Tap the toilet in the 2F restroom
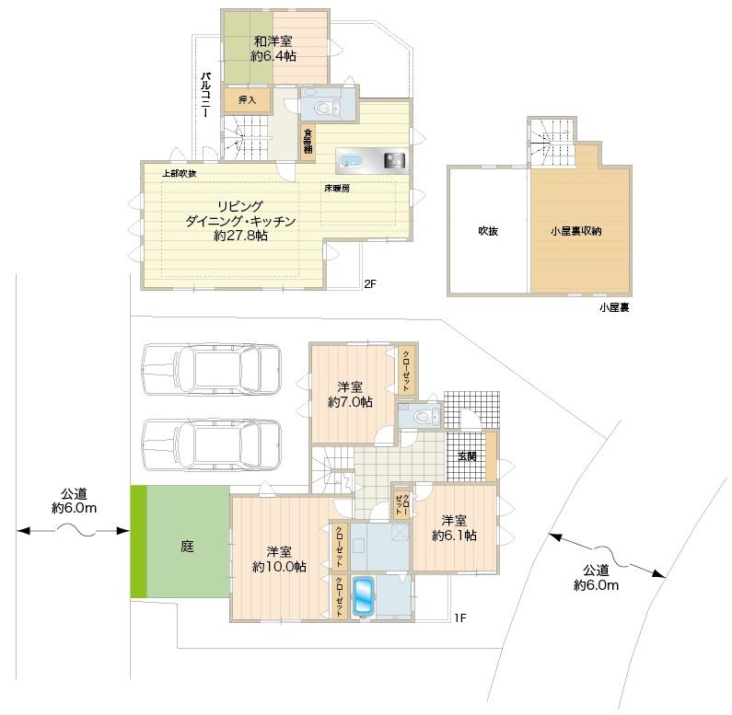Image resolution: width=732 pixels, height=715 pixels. point(325,109)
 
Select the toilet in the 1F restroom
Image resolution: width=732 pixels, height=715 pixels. point(424,415)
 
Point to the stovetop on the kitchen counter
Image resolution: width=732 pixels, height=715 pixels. point(394,161)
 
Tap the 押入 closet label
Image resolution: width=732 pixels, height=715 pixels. point(247,100)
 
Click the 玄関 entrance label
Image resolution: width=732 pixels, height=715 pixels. point(467,456)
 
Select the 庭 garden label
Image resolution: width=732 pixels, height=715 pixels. point(187,546)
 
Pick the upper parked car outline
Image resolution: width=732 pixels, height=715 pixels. point(212,370)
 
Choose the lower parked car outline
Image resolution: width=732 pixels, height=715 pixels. point(212,444)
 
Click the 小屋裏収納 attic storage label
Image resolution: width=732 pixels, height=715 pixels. point(576,231)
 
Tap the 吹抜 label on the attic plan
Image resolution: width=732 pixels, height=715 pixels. point(488,231)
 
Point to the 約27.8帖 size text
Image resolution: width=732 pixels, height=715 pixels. point(240,236)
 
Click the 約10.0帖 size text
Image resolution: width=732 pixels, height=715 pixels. point(279,567)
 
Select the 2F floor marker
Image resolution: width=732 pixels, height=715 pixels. point(370,283)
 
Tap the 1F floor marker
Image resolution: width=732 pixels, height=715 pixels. point(460,618)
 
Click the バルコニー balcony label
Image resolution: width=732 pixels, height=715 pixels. point(206,95)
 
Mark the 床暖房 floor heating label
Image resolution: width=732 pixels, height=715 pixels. point(337,189)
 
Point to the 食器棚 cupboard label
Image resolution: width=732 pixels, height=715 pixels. point(308,141)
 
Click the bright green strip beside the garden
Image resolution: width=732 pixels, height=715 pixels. point(139,541)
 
